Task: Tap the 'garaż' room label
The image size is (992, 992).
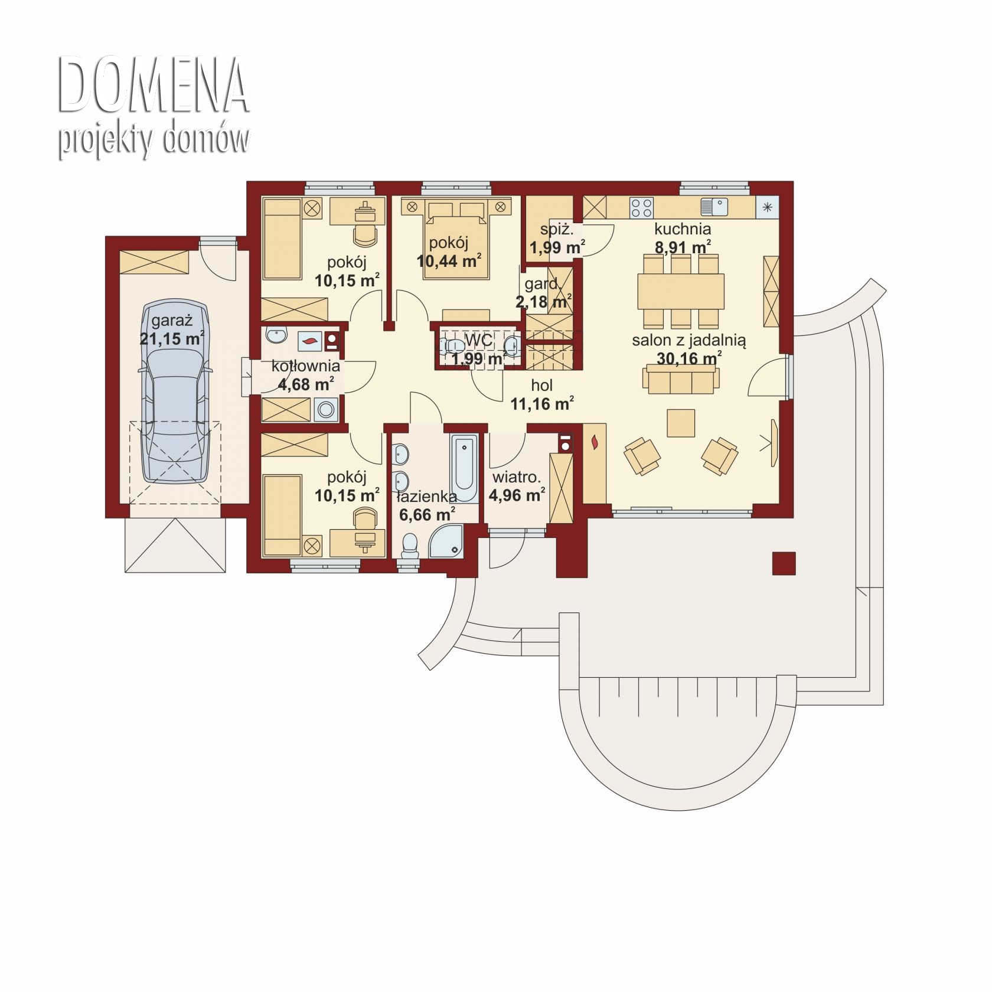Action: coord(172,321)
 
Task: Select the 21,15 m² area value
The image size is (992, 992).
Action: coord(172,338)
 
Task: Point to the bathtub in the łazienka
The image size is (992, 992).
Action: coord(464,468)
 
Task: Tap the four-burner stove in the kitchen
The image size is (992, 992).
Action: coord(642,207)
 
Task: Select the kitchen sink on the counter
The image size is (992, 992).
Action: coord(713,207)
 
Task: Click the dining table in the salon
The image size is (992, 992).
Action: coord(681,291)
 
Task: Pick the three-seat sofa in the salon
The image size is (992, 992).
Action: coord(681,378)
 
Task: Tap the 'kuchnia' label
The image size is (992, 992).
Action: coord(682,229)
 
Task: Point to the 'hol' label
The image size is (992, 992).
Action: coord(541,386)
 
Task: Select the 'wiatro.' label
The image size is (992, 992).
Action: coord(517,477)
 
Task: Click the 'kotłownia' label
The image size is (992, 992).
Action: coord(305,366)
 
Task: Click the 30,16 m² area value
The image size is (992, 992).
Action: coord(689,358)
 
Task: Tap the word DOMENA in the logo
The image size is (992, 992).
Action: coord(153,85)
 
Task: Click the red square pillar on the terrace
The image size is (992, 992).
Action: coord(784,563)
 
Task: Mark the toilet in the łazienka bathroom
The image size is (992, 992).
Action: coord(409,546)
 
